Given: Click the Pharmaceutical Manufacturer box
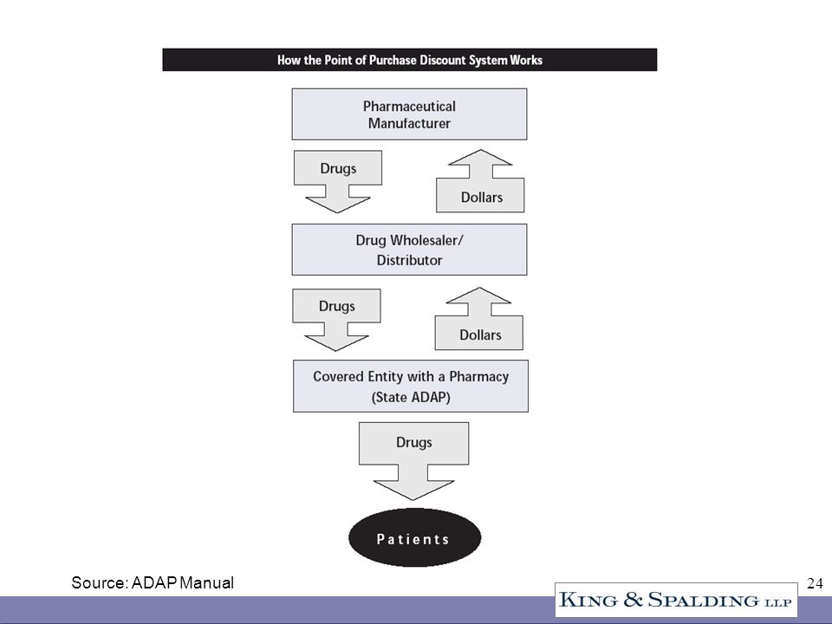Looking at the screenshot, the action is pos(409,114).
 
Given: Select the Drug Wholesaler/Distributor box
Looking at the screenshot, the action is pos(409,250).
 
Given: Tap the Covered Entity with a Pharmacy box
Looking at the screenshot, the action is pos(411,387).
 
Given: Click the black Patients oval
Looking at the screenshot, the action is pos(414,537).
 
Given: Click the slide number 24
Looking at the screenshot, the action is pos(815,583).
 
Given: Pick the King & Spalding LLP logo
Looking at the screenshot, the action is pos(676,600).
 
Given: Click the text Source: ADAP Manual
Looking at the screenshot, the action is pos(153,582).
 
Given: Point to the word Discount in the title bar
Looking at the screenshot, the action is pos(442,60).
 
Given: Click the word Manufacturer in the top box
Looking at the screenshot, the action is pos(409,124).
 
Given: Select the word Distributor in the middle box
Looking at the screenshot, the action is pos(409,261).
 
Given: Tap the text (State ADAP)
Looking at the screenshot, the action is pos(411,398).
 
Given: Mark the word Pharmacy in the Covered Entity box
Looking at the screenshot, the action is pos(479,377).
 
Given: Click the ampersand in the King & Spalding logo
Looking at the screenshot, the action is pos(633,600).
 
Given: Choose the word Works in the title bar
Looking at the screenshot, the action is pos(526,60).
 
